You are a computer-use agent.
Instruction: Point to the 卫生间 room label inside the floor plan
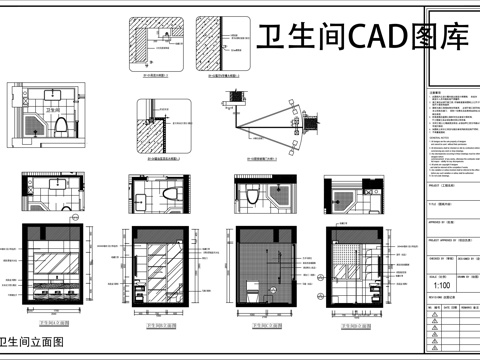[x=52, y=104]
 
